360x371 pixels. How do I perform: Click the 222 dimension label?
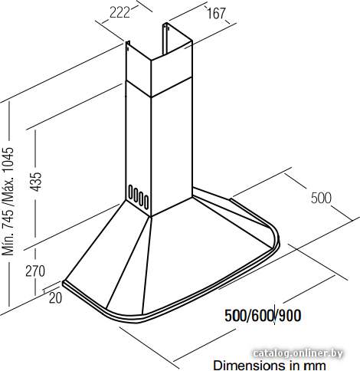point(119,12)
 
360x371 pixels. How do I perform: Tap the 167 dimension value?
point(216,13)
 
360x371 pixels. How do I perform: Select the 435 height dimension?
point(35,182)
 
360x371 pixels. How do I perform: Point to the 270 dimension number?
point(35,271)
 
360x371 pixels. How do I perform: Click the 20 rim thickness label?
point(55,298)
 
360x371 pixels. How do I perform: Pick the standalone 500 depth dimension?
point(321,198)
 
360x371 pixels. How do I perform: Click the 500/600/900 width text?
point(263,316)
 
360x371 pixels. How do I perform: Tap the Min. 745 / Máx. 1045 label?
point(8,201)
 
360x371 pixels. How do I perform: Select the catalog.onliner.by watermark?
point(298,353)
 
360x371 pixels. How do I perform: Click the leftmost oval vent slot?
point(130,192)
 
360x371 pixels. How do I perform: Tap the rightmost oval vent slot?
point(146,202)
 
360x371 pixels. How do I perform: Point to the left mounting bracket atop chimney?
point(128,45)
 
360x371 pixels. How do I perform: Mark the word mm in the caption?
point(316,366)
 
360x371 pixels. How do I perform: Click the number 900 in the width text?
point(290,316)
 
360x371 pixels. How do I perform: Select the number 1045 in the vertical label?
point(8,159)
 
